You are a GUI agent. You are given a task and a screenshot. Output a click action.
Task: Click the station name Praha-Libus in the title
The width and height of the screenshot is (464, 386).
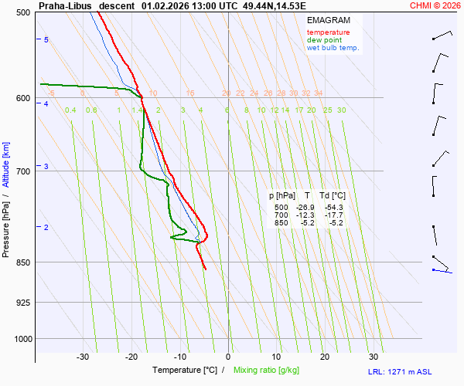[66, 5]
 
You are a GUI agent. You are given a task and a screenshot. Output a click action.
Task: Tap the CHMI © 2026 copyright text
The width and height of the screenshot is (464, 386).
[436, 5]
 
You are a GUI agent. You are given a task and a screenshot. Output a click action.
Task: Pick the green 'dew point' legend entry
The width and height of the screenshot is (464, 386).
[326, 40]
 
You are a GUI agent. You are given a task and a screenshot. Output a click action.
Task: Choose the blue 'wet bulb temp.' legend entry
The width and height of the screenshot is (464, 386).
[333, 48]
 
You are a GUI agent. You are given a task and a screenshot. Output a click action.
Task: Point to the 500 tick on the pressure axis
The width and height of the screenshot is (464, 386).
[22, 12]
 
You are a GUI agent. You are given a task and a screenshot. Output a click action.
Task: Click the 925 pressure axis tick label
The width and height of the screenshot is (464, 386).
[22, 302]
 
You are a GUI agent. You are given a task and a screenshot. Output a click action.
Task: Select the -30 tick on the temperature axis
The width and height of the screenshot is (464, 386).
[83, 357]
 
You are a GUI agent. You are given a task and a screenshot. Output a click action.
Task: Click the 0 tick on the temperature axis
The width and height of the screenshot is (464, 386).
[228, 357]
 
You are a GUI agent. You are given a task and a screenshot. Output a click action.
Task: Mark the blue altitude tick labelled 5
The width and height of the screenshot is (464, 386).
[46, 39]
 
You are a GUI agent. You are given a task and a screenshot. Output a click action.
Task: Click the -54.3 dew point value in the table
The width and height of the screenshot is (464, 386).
[334, 208]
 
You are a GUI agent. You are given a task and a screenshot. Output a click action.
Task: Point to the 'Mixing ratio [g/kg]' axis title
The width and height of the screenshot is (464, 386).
[268, 370]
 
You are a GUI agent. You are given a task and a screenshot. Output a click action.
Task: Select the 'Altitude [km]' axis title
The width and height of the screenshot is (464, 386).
[6, 164]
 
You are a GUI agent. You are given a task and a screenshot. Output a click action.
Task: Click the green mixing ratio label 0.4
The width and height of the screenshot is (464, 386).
[70, 110]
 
